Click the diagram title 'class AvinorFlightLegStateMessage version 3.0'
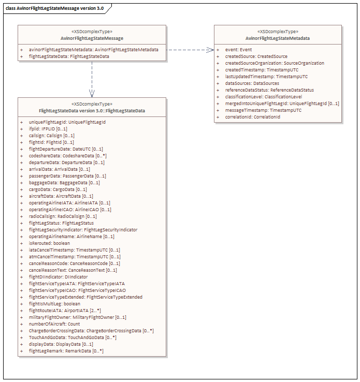(x=54, y=8)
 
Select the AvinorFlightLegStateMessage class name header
(x=92, y=38)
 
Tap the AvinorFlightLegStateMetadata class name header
(x=278, y=38)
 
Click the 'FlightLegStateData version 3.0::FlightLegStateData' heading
(x=92, y=111)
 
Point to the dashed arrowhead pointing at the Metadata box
(x=210, y=50)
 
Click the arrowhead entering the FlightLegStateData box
(x=92, y=94)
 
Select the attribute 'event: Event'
(x=238, y=50)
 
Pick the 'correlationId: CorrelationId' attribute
(x=252, y=117)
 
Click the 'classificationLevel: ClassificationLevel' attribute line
(x=264, y=97)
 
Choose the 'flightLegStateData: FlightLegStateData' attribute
(x=69, y=56)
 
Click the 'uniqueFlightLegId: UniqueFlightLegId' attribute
(x=67, y=122)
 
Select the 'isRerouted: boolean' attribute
(x=50, y=243)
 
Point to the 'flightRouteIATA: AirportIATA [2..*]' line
(x=65, y=311)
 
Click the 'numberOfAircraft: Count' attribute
(x=54, y=324)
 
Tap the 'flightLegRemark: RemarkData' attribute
(x=66, y=351)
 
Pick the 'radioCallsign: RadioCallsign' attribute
(x=63, y=216)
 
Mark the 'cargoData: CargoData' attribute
(x=58, y=189)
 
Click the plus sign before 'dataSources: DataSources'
(x=218, y=83)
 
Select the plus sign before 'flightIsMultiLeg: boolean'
(x=21, y=304)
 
